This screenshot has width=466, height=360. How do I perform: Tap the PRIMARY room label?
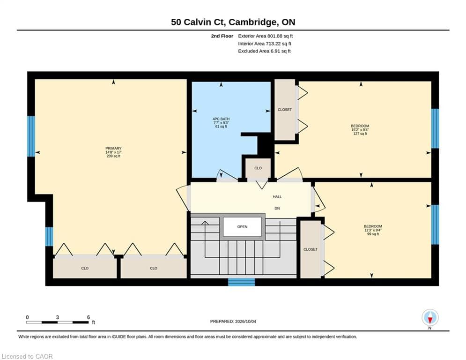(113, 148)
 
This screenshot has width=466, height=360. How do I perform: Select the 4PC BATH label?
(221, 119)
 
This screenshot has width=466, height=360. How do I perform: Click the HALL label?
(277, 197)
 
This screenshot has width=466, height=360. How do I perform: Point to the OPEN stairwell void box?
(242, 227)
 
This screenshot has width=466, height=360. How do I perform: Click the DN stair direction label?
(277, 208)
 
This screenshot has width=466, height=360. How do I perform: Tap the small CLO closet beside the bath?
(258, 168)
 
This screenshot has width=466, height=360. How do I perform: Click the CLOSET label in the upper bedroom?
(284, 110)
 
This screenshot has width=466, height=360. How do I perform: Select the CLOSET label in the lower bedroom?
(310, 249)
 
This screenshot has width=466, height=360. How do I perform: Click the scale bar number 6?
(88, 317)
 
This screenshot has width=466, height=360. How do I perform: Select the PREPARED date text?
(233, 321)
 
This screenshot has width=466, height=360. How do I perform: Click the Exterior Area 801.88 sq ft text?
(266, 36)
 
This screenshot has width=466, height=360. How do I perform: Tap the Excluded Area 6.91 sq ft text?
(264, 51)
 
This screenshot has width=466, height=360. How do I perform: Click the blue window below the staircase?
(241, 282)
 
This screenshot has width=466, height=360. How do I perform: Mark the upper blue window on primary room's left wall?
(31, 136)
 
